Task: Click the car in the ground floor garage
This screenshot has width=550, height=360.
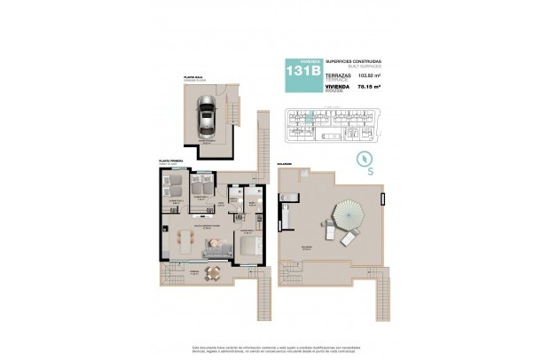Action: (207, 119)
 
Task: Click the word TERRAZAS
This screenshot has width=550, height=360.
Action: (338, 75)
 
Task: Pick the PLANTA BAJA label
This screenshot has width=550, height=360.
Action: (194, 78)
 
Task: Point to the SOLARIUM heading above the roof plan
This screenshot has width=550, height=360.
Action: (287, 162)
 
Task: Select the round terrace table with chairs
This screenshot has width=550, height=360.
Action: (212, 272)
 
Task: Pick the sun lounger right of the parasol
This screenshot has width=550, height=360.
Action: (349, 238)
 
